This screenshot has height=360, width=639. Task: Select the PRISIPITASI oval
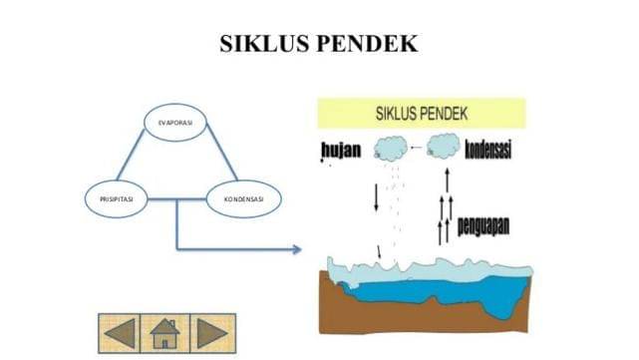(x=117, y=199)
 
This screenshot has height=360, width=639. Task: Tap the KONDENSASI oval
(x=244, y=199)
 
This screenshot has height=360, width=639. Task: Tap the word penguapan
(x=483, y=224)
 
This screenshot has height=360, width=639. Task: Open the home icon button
(x=164, y=331)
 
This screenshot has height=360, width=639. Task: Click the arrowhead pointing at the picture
(x=296, y=248)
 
